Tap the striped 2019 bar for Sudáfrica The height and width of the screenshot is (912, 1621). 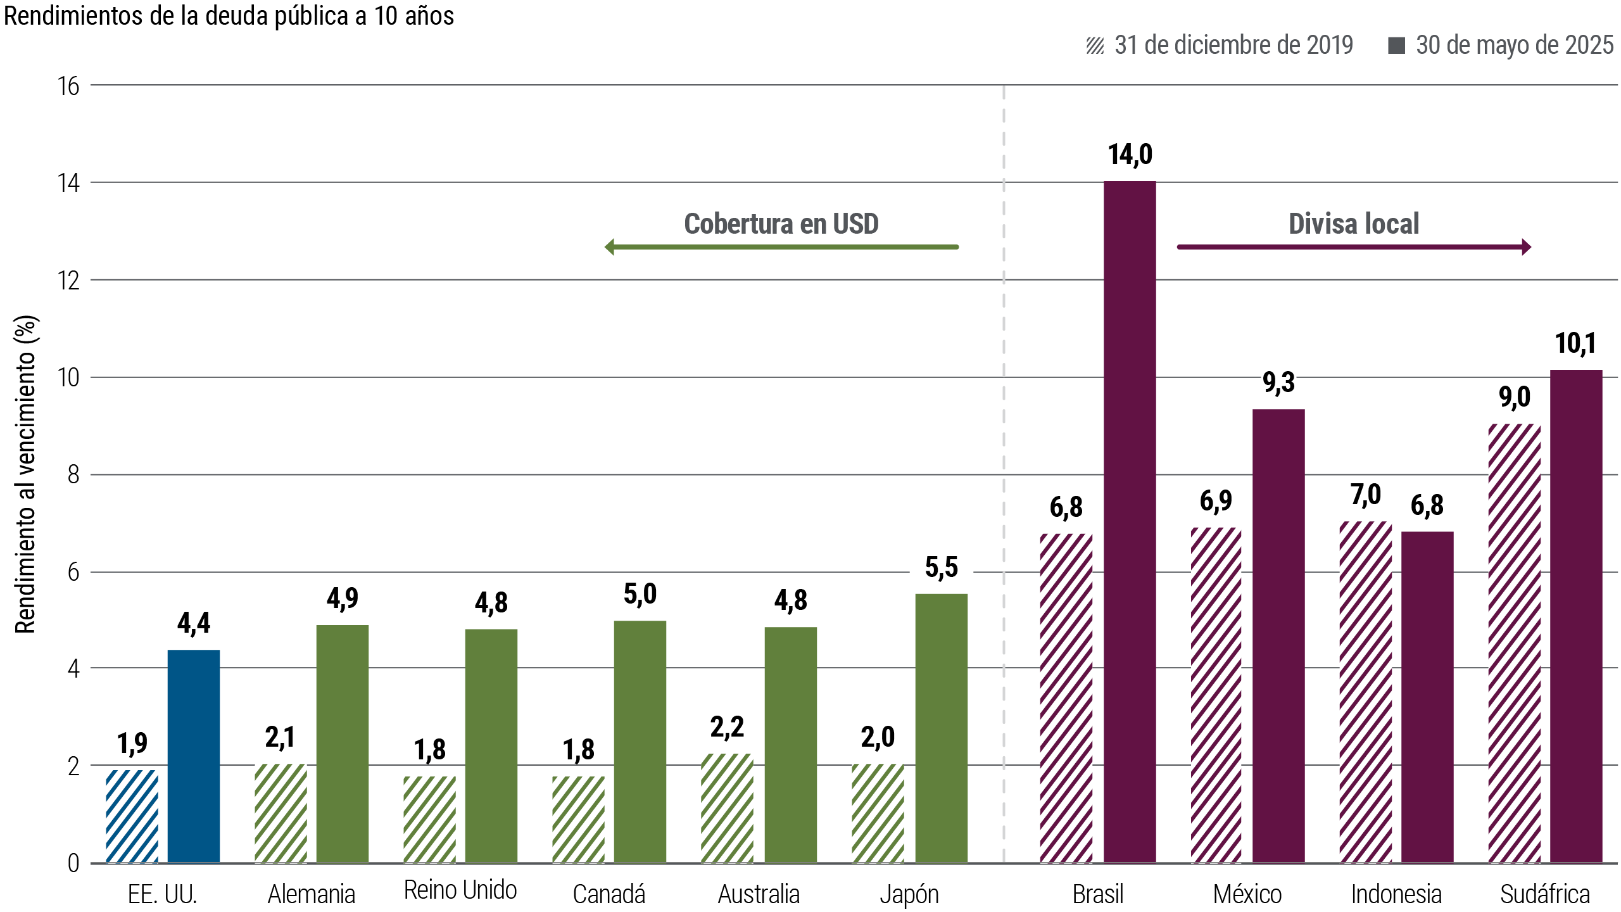click(1514, 643)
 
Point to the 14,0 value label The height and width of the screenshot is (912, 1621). click(1130, 155)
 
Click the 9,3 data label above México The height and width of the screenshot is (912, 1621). click(1278, 383)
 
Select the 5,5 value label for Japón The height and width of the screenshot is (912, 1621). click(941, 568)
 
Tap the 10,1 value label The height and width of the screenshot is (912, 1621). click(1575, 344)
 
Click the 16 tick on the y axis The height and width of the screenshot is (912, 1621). click(68, 86)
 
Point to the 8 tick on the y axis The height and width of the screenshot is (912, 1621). click(73, 475)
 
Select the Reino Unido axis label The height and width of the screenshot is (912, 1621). click(460, 890)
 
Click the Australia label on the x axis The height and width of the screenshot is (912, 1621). click(759, 894)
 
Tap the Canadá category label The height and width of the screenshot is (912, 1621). click(609, 894)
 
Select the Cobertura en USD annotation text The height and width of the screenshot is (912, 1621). click(781, 224)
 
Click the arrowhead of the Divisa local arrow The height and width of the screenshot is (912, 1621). click(1527, 247)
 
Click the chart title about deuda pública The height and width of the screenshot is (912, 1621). click(229, 16)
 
